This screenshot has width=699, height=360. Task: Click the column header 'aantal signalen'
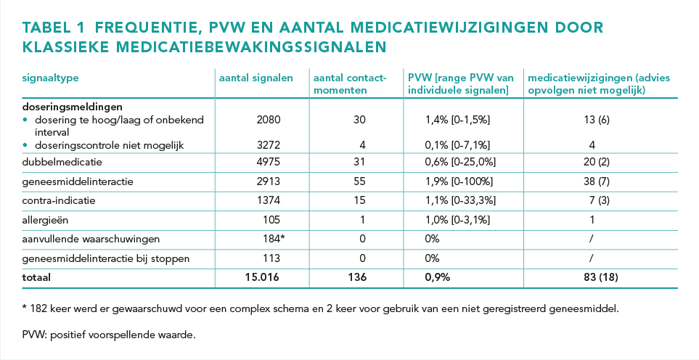coord(256,78)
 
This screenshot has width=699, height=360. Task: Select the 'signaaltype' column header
coord(50,78)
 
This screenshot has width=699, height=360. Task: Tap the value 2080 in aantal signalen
coord(269,120)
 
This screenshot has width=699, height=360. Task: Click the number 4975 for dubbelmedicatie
coord(269,162)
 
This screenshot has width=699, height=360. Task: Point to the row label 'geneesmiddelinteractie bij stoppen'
coord(106,258)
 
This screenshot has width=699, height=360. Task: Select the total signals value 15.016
coord(262,277)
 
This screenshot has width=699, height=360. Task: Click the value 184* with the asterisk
coord(274,239)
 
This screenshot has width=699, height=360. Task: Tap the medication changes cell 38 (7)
coord(597,181)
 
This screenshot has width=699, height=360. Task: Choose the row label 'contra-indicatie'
coord(59,200)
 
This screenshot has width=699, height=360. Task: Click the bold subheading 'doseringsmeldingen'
coord(72,107)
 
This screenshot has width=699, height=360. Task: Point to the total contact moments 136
coord(357,277)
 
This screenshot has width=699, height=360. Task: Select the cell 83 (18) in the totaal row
coord(601,277)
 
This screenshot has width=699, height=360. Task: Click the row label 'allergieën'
coord(45,220)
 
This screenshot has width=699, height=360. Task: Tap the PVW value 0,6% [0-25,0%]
coord(460,162)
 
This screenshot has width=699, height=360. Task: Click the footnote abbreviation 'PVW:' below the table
coord(34,335)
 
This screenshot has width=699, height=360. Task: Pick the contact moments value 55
coord(359,181)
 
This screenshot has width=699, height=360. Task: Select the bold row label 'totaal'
coord(36,277)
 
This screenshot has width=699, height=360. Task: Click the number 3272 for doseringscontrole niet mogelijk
coord(269,145)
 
